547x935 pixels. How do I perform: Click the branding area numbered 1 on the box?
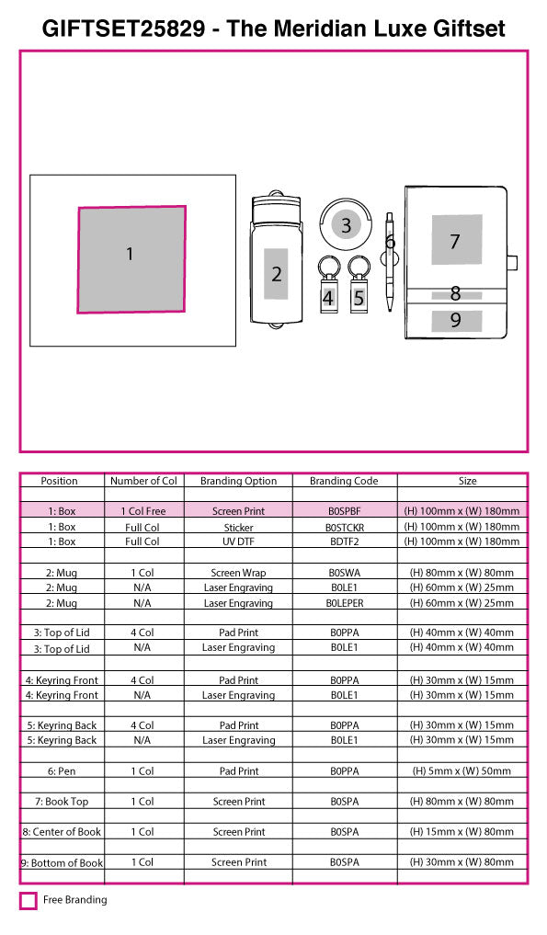coord(131,259)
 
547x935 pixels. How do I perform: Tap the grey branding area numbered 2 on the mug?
coord(276,274)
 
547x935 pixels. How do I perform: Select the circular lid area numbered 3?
coord(346,225)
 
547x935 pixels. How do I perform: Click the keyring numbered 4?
coord(327,286)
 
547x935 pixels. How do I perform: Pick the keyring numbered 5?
coord(359,286)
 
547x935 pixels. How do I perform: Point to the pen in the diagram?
coord(390,262)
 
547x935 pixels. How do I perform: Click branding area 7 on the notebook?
coord(457,239)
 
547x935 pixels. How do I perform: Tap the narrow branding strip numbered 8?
coord(457,294)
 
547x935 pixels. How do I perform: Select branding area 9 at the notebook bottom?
coord(457,320)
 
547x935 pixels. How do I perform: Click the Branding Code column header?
coord(344,481)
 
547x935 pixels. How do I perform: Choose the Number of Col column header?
coord(143,481)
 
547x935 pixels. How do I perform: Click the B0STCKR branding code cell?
coord(345,528)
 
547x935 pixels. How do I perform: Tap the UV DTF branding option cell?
coord(239,542)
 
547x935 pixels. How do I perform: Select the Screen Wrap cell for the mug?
coord(239,573)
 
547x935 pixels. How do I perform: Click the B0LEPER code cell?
coord(345,603)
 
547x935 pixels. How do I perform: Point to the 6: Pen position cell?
coord(62,771)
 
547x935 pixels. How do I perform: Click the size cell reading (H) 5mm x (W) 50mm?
coord(462,771)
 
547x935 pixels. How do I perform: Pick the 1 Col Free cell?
coord(143,511)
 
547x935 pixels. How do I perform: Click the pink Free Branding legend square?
coord(28,900)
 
